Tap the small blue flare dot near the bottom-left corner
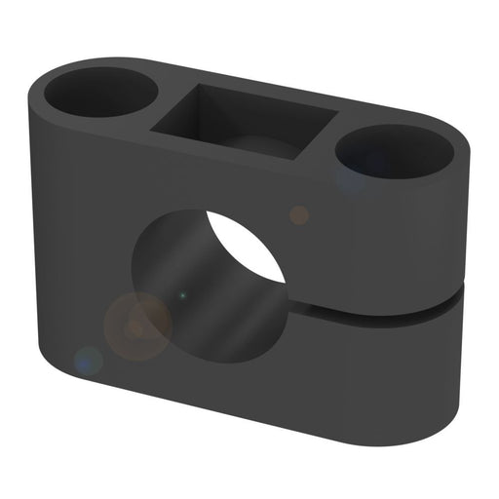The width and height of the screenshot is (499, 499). [x=89, y=362]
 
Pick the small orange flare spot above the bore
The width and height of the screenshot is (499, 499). [x=299, y=214]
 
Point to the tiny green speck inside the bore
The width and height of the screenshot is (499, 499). [x=181, y=293]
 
